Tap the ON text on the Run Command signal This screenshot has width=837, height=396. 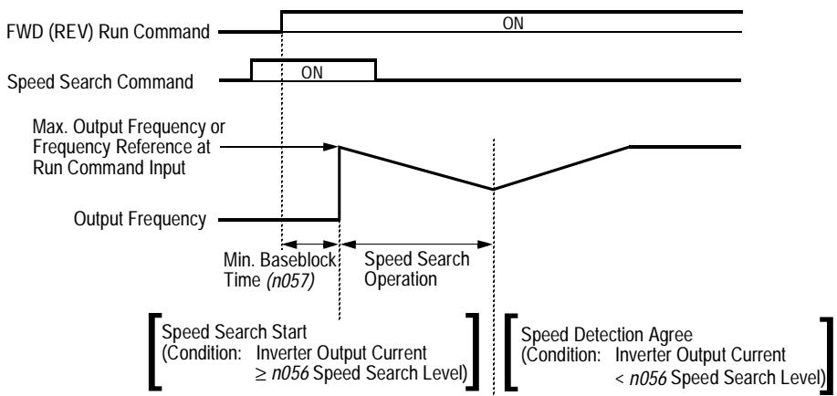tap(513, 23)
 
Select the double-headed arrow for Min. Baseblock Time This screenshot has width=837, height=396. tap(311, 245)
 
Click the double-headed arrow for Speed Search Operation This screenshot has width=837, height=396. tap(417, 245)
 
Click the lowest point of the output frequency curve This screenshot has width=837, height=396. tap(495, 189)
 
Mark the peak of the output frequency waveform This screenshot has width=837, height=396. tap(340, 145)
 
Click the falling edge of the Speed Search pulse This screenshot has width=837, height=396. tap(376, 71)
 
